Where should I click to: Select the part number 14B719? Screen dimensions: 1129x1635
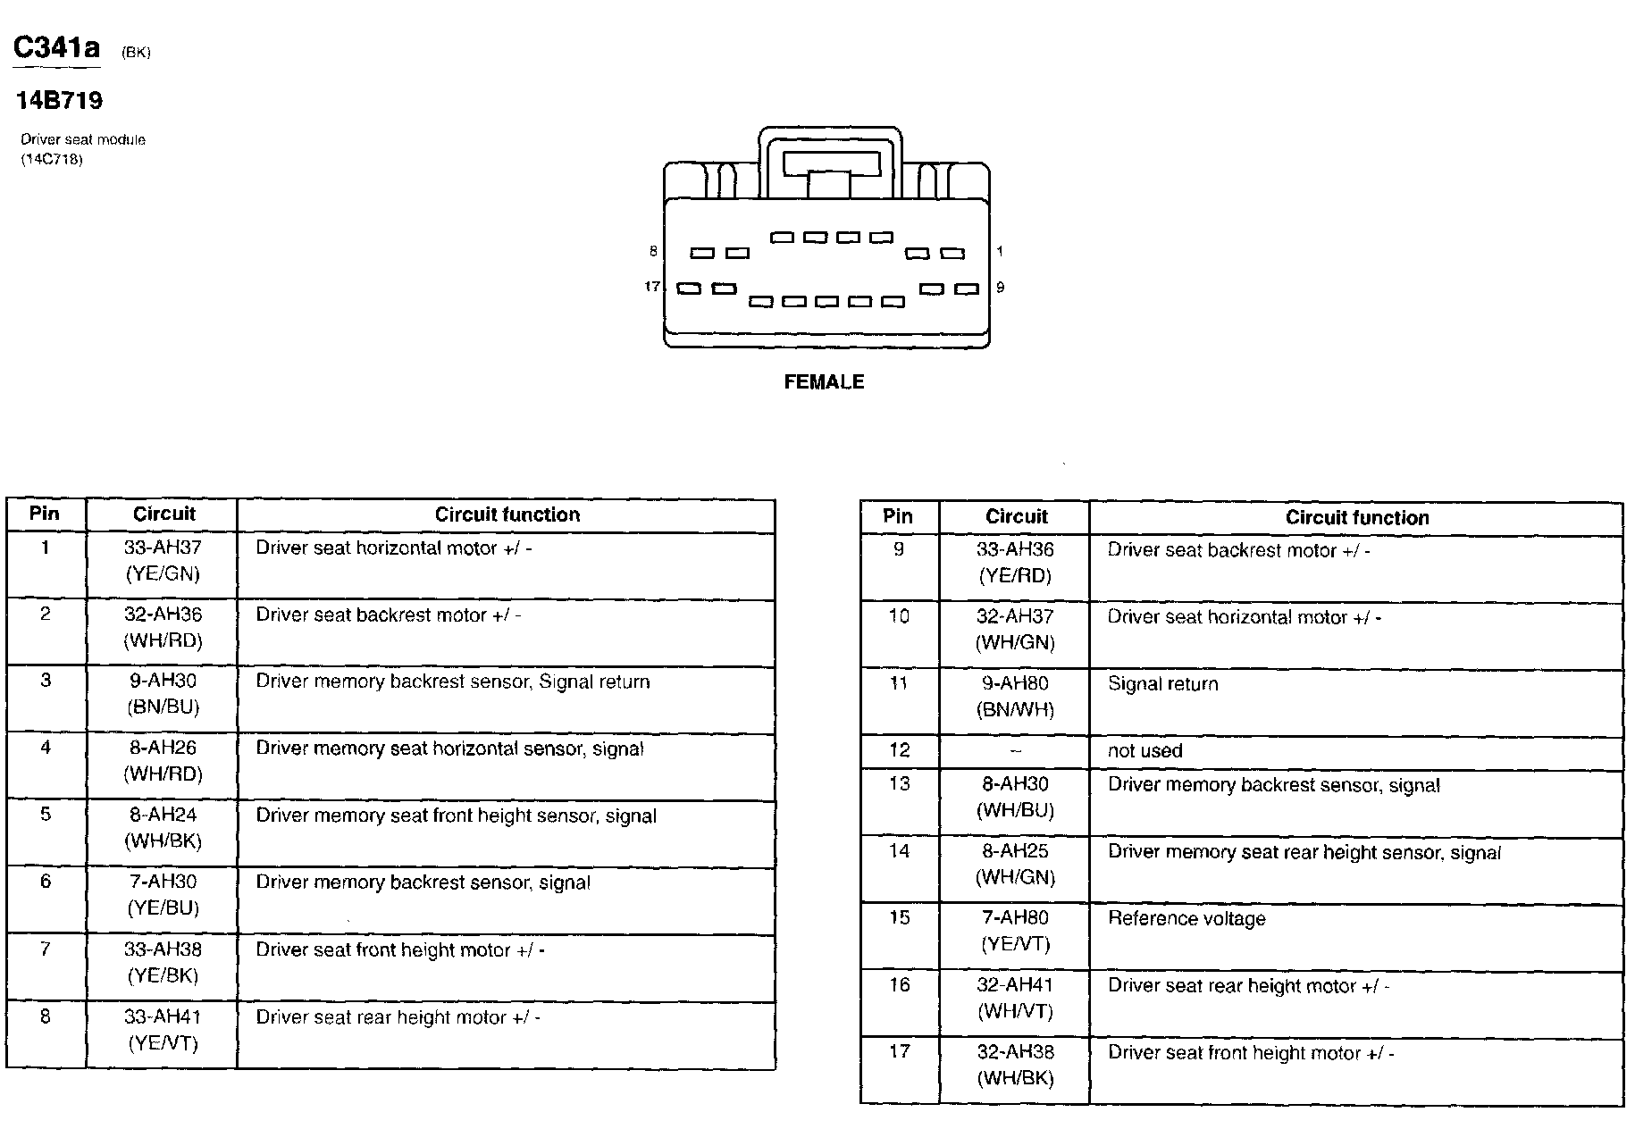pos(59,100)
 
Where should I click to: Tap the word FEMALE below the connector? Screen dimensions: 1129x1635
pos(824,382)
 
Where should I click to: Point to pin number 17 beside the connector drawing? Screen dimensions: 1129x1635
pos(652,287)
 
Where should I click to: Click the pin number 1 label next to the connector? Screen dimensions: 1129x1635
pos(1000,252)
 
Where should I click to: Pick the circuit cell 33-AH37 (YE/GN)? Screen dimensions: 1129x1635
pos(163,561)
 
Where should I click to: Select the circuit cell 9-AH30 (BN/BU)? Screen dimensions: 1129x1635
pos(163,694)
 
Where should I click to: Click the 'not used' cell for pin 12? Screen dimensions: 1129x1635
pos(1144,751)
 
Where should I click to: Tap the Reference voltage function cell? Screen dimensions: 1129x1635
pos(1186,919)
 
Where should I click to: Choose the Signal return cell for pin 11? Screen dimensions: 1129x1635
pos(1162,684)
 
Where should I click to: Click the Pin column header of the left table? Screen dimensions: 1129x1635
pos(45,514)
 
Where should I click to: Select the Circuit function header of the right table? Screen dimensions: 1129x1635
pos(1356,518)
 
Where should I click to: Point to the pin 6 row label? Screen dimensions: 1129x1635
pos(45,882)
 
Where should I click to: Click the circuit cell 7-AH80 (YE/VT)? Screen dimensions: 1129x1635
pos(1016,931)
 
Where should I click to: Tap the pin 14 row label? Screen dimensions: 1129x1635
pos(899,851)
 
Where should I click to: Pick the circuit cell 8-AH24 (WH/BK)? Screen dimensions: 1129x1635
pos(163,828)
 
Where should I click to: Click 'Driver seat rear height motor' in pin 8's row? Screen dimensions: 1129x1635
pos(398,1017)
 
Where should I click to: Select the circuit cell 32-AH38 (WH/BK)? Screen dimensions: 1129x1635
pos(1016,1066)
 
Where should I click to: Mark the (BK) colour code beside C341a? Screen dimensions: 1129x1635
pos(136,53)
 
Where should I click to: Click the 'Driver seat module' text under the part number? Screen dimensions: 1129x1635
pos(82,140)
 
